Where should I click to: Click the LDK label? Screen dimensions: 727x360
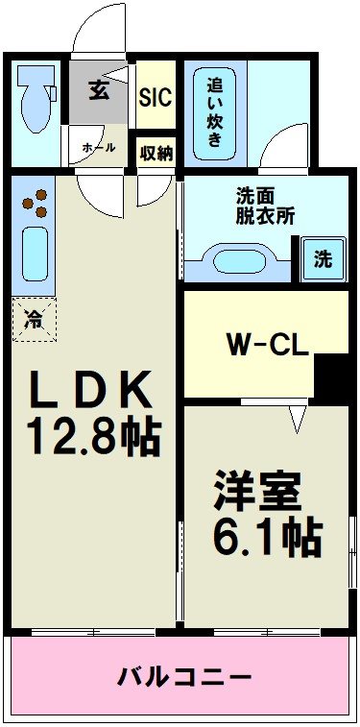click(93, 391)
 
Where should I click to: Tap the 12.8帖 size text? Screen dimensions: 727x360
click(93, 437)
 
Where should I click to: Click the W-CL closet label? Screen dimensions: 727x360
click(267, 344)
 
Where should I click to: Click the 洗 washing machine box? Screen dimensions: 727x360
click(324, 258)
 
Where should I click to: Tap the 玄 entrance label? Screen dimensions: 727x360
click(98, 91)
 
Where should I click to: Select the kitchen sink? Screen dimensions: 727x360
click(36, 254)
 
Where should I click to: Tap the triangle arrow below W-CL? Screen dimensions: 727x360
click(298, 419)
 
